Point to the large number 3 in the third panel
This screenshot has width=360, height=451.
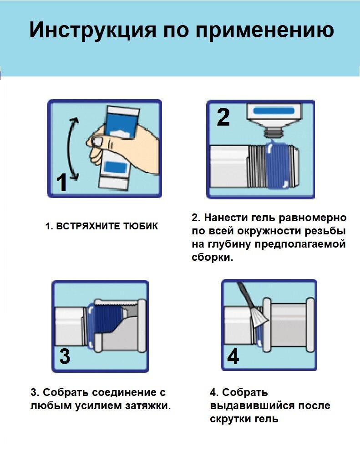pyautogui.click(x=65, y=356)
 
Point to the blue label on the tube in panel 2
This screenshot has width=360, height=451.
pyautogui.click(x=273, y=110)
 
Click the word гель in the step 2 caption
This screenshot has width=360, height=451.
pyautogui.click(x=265, y=218)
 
